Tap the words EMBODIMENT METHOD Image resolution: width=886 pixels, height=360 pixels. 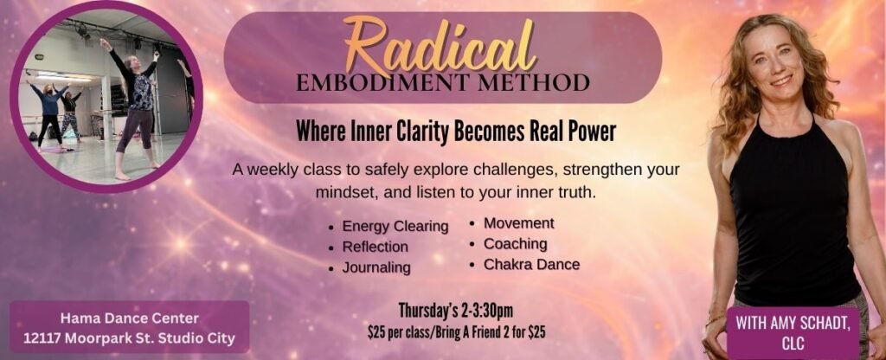pos(443,82)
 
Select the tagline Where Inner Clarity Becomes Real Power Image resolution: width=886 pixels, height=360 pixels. pos(455,132)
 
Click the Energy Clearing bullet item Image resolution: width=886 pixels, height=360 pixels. pos(395,227)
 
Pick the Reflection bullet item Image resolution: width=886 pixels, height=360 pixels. pos(376,247)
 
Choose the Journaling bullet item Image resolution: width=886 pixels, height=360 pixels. pos(376,267)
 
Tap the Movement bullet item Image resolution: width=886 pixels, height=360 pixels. pos(519,223)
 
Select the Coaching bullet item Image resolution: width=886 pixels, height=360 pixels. pos(516,243)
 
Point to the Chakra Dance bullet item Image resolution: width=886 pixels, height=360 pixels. pos(532,264)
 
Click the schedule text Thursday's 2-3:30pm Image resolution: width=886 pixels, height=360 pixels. pos(455,311)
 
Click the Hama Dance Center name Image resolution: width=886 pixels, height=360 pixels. pos(130,318)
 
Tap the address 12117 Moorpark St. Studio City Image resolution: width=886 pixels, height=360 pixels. pos(130,339)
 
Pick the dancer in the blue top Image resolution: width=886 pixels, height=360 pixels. pos(49,113)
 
